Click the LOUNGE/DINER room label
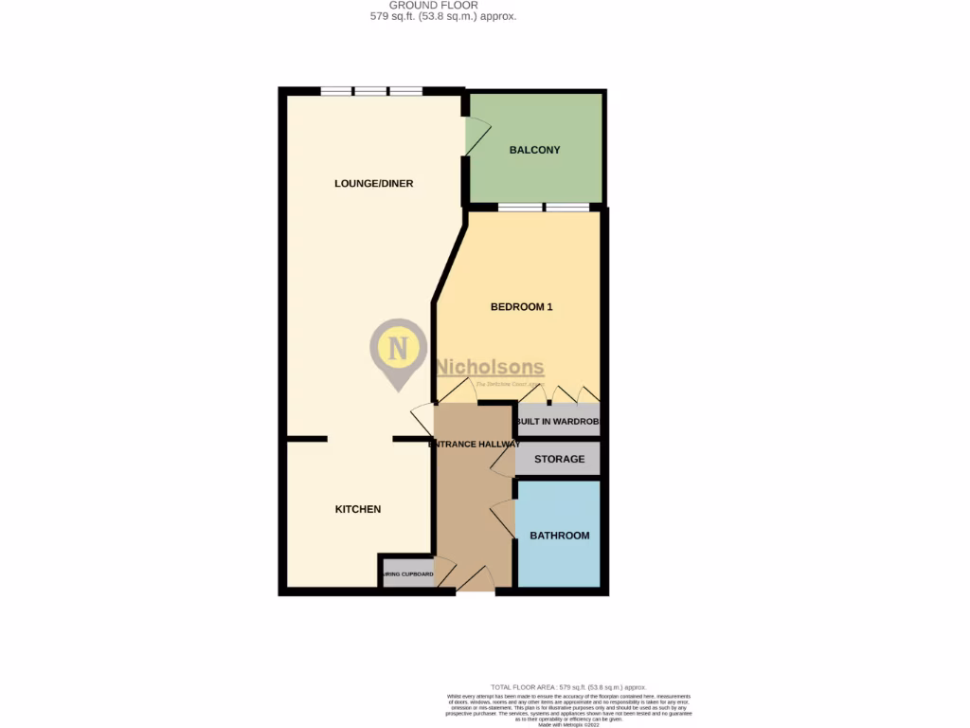[x=373, y=184]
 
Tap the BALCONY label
[x=534, y=150]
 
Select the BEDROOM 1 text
[x=521, y=307]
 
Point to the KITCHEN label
[x=358, y=509]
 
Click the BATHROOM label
[x=559, y=536]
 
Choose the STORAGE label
[x=559, y=460]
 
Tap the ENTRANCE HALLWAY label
[x=475, y=444]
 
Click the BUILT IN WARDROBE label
[x=559, y=422]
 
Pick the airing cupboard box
[x=407, y=574]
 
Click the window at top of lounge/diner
[x=370, y=92]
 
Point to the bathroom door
[x=503, y=519]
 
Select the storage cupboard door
[x=503, y=460]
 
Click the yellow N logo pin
[x=399, y=350]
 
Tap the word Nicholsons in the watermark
[x=490, y=368]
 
